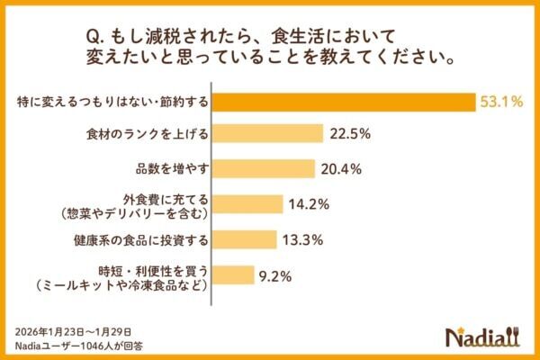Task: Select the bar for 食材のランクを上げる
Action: [267, 134]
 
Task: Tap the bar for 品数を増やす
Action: [263, 168]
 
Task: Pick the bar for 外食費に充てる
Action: [247, 204]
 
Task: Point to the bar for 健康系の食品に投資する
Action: [245, 239]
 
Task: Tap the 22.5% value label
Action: [350, 134]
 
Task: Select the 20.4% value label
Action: [342, 168]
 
